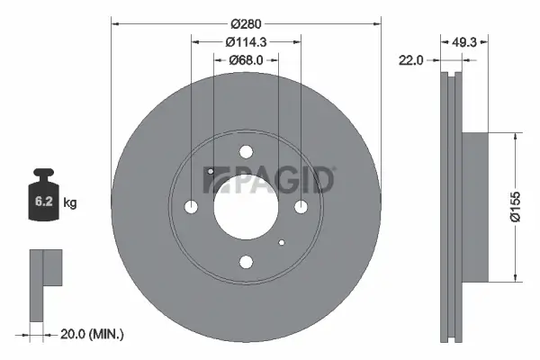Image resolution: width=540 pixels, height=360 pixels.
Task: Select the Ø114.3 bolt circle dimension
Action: [x=245, y=40]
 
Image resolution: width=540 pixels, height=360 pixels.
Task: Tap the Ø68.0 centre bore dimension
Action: [x=245, y=61]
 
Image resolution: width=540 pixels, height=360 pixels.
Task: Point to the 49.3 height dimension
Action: [x=463, y=40]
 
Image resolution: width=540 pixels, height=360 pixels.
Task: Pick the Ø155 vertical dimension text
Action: [x=532, y=208]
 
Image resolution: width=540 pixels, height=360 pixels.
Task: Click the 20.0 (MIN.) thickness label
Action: [x=92, y=334]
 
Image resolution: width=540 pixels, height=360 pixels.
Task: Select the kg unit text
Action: [x=70, y=204]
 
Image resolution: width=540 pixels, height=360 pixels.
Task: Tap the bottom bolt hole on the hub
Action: [x=245, y=262]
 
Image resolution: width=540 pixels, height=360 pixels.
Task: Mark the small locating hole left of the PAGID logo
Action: [x=209, y=171]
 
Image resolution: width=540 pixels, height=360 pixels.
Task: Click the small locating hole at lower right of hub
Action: [x=282, y=243]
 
